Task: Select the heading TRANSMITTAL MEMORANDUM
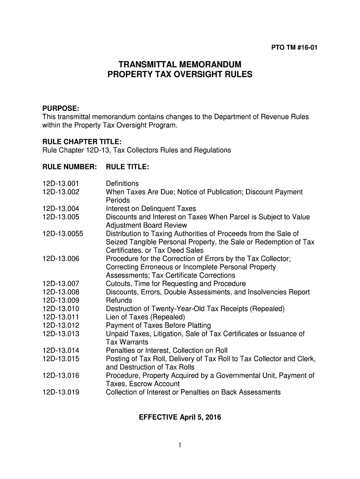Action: pyautogui.click(x=180, y=64)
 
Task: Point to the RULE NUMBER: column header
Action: pyautogui.click(x=69, y=167)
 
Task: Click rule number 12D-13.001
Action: pyautogui.click(x=61, y=184)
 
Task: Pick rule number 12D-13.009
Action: pyautogui.click(x=61, y=300)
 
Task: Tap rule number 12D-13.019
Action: pyautogui.click(x=61, y=392)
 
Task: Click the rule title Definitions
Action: pyautogui.click(x=122, y=184)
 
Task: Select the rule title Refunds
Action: pyautogui.click(x=119, y=300)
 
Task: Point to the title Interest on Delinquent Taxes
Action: pyautogui.click(x=151, y=209)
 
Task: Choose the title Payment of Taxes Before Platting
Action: pyautogui.click(x=158, y=326)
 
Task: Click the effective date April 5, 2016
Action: pyautogui.click(x=201, y=417)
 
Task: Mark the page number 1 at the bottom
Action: pyautogui.click(x=180, y=445)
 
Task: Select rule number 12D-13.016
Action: pyautogui.click(x=61, y=376)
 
